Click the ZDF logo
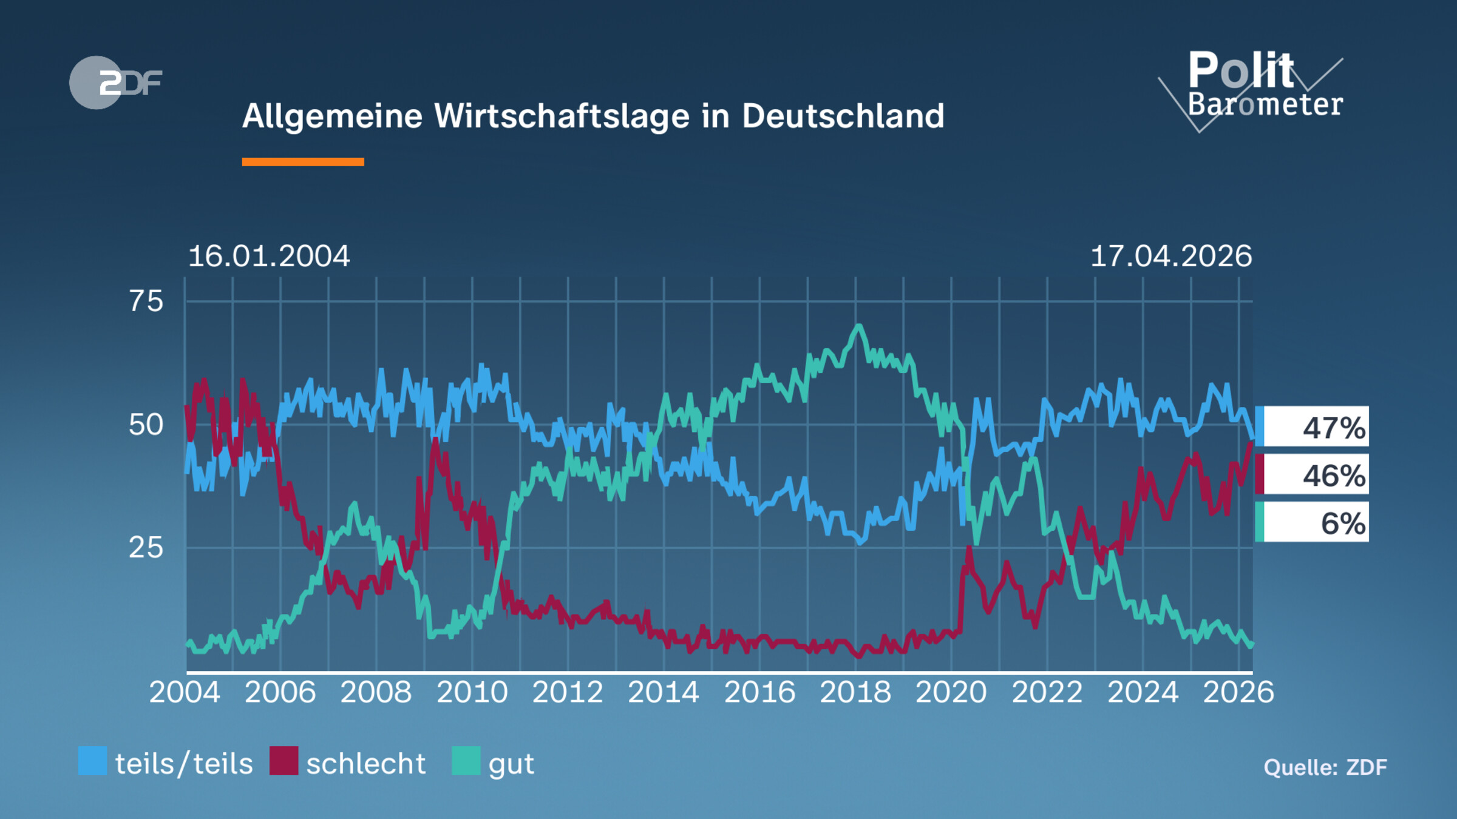click(x=115, y=83)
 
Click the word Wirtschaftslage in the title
click(x=562, y=116)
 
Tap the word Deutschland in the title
click(x=843, y=116)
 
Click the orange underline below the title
click(x=302, y=162)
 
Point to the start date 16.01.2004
click(x=269, y=257)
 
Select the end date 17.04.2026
click(x=1171, y=257)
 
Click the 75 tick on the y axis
click(x=146, y=302)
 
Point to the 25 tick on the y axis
click(x=146, y=548)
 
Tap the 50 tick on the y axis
click(x=146, y=425)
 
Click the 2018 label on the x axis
click(x=855, y=692)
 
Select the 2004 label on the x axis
click(x=185, y=692)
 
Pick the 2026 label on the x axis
click(x=1238, y=692)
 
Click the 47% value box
click(x=1313, y=427)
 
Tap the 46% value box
click(x=1313, y=475)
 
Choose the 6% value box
click(x=1313, y=523)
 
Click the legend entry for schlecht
click(x=348, y=763)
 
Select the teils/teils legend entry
click(x=166, y=763)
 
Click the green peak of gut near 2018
click(x=858, y=328)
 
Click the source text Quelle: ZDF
click(x=1325, y=767)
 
